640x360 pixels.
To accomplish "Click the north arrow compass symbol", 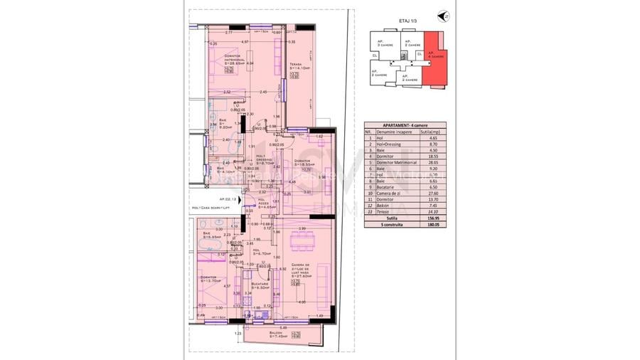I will [446, 16].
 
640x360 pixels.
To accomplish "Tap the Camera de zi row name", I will [389, 192].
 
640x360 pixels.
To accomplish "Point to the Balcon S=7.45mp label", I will [274, 336].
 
